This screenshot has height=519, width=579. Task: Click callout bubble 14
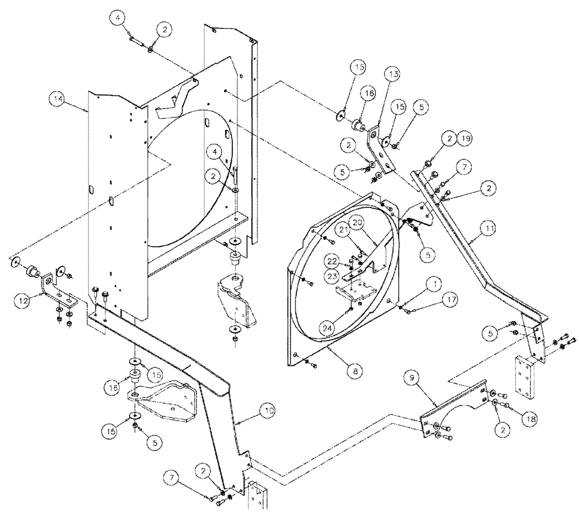57,99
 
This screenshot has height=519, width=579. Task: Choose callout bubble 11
490,229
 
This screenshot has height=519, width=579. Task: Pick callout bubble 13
393,75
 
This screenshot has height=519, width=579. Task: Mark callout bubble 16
369,92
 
